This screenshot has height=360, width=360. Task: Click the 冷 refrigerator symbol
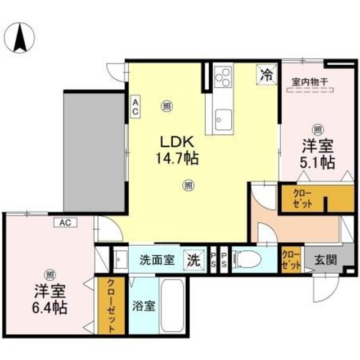(x=266, y=74)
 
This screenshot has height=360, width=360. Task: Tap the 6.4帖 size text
(x=51, y=308)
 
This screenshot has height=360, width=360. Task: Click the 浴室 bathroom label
(x=143, y=307)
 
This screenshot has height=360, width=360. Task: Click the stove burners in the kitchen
(x=222, y=76)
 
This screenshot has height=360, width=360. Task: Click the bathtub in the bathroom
(x=174, y=307)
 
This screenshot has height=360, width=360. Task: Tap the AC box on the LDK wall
(x=136, y=106)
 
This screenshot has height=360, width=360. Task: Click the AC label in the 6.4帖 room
(x=66, y=223)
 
